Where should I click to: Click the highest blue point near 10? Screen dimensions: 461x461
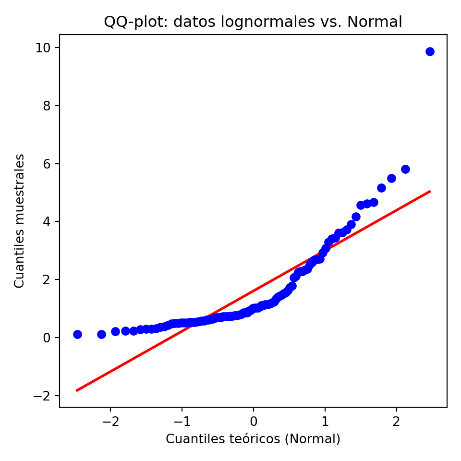pos(430,51)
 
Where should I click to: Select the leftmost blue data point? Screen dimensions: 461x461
pos(77,334)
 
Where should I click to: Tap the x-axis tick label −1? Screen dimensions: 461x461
pos(182,422)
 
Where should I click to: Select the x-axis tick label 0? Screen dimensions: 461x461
pos(254,422)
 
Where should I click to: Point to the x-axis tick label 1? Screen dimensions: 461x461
pos(325,422)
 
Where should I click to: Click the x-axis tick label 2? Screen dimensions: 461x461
pos(397,422)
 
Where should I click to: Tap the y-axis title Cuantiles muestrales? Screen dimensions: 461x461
pos(19,221)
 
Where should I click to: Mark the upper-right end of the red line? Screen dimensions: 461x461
pos(430,191)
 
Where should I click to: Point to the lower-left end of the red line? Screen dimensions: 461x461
pos(76,390)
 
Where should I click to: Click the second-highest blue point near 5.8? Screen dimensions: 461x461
pos(405,169)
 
